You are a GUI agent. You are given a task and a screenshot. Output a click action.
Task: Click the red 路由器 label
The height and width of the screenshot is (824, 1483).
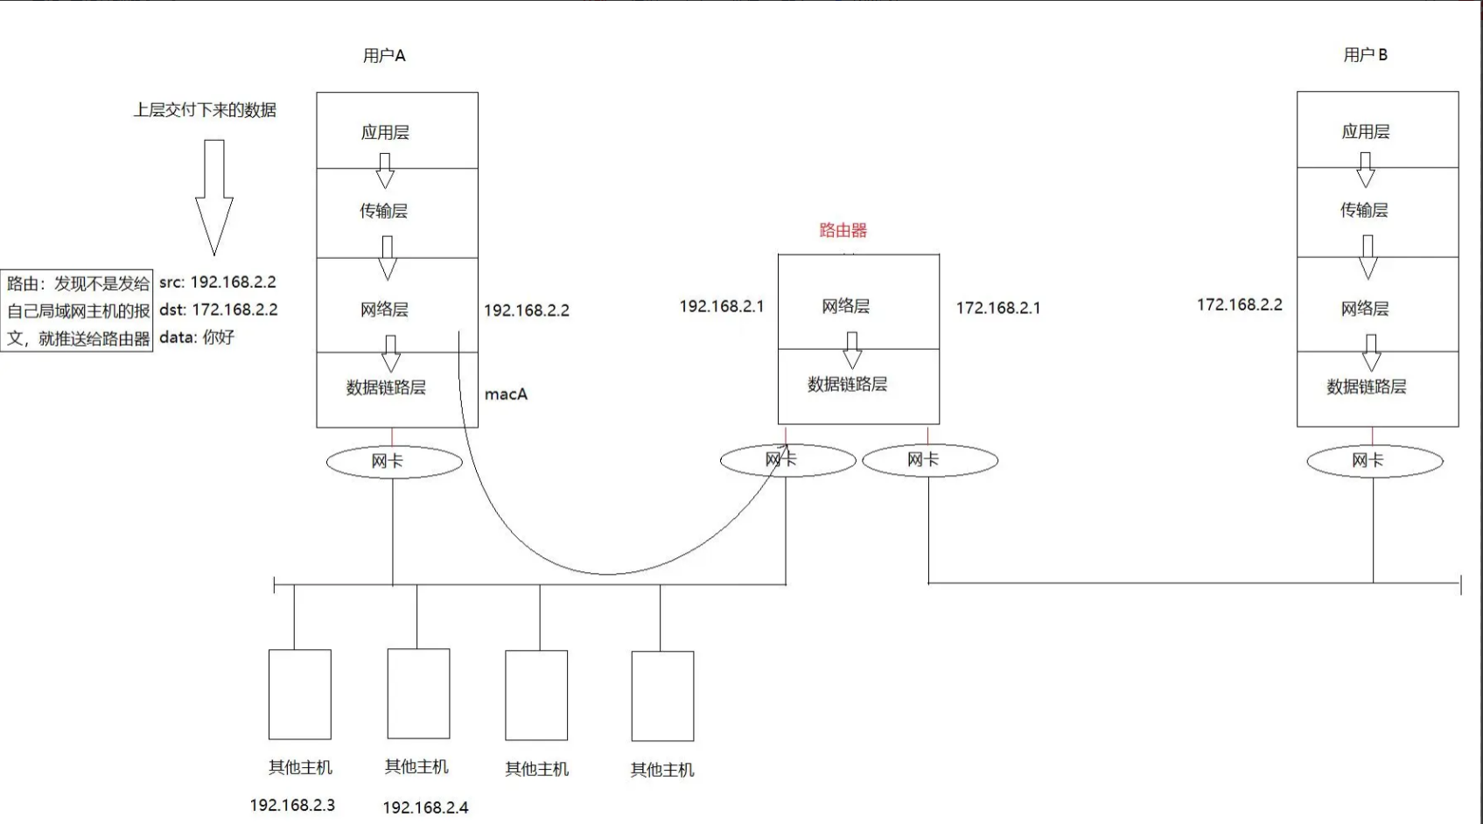coord(843,230)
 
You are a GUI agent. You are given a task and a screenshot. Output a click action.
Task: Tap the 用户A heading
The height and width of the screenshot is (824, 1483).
coord(384,56)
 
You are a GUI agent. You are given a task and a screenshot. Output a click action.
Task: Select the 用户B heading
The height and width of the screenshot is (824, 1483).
coord(1365,55)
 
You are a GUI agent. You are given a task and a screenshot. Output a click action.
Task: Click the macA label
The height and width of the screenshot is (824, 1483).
coord(506,395)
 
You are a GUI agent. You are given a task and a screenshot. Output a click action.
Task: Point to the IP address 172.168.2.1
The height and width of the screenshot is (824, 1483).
coord(997,308)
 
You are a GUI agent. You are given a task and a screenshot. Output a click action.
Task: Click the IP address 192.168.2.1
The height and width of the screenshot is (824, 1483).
coord(721,306)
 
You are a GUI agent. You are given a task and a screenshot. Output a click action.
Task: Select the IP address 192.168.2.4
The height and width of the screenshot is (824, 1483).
coord(425,807)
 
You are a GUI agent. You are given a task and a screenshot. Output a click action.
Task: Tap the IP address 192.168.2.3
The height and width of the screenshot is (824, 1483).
coord(292,805)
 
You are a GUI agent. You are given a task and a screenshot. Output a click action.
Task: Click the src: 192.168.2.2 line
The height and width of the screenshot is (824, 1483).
coord(217,283)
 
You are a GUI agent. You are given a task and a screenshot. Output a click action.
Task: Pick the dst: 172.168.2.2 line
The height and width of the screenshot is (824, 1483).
coord(218,310)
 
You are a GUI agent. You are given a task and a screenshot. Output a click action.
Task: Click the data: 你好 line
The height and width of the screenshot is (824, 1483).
coord(197,338)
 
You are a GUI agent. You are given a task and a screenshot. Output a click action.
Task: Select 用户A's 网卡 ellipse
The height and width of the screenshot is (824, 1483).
coord(394,462)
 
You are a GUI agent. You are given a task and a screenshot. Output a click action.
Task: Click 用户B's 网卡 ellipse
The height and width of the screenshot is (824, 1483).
coord(1374,461)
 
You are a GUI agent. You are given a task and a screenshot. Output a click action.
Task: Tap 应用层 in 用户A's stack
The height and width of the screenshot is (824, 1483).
coord(385,132)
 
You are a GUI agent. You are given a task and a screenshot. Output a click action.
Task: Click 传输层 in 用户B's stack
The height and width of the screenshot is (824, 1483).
coord(1364,210)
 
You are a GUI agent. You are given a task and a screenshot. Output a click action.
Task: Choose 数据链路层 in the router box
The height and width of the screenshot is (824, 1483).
coord(847,384)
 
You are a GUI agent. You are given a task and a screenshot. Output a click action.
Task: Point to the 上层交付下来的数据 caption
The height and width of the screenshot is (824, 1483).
coord(205,110)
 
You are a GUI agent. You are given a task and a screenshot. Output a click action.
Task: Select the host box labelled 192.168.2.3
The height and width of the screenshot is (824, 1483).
coord(299,695)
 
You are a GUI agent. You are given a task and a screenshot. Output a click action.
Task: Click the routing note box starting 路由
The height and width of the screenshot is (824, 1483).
coord(78,311)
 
